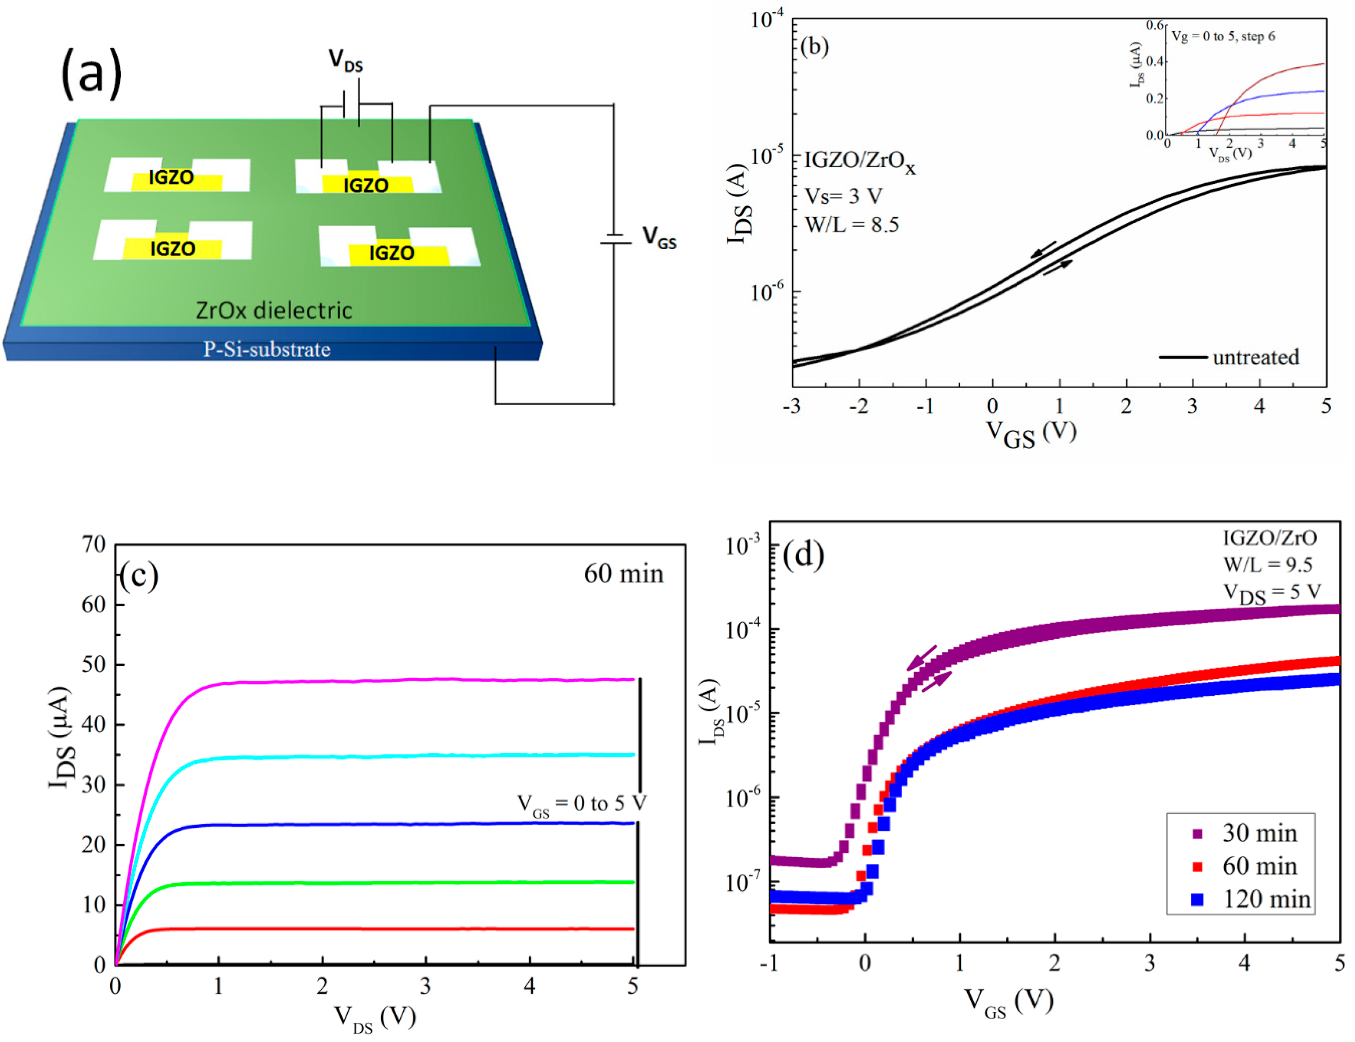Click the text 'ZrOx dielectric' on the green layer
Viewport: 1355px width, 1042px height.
(x=274, y=310)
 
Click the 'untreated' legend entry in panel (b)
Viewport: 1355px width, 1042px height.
(x=1255, y=357)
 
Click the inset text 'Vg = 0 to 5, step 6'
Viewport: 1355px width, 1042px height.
(x=1223, y=36)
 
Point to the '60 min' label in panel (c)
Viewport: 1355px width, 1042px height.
(x=624, y=574)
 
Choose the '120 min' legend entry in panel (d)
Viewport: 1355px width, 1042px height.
(x=1266, y=900)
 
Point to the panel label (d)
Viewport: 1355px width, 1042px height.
(x=803, y=555)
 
